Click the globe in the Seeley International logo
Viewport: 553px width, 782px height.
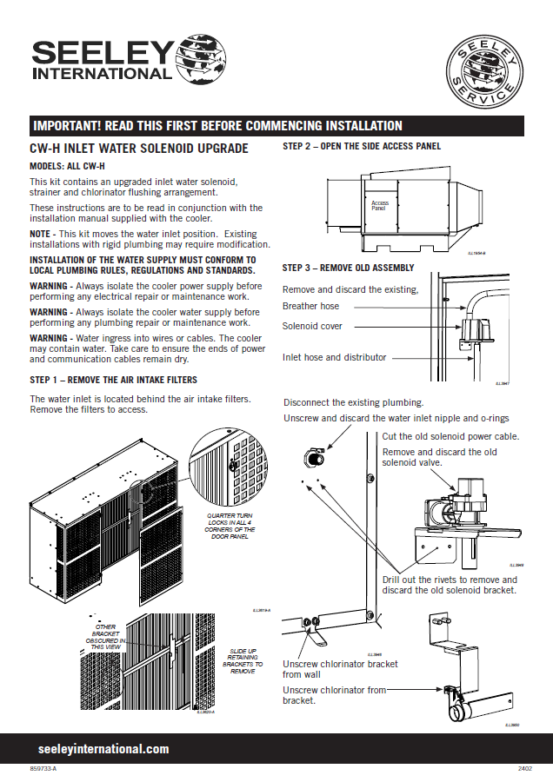pyautogui.click(x=200, y=61)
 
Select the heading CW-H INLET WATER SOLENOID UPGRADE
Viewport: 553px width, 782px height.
pyautogui.click(x=139, y=149)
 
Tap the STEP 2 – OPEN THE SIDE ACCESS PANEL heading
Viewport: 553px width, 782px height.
pyautogui.click(x=362, y=146)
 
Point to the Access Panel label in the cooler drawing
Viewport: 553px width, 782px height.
pyautogui.click(x=379, y=206)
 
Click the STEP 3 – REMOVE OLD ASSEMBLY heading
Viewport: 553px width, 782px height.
pyautogui.click(x=349, y=268)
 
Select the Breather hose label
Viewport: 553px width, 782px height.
pyautogui.click(x=311, y=306)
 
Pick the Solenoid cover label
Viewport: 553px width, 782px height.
pyautogui.click(x=313, y=327)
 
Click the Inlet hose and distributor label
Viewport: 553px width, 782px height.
pyautogui.click(x=335, y=357)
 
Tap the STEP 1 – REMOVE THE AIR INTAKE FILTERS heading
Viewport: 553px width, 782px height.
pyautogui.click(x=113, y=380)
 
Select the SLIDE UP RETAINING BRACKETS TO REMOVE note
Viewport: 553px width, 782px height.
pyautogui.click(x=243, y=660)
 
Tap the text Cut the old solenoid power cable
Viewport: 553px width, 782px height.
pyautogui.click(x=451, y=435)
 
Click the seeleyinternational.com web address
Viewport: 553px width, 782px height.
pyautogui.click(x=103, y=749)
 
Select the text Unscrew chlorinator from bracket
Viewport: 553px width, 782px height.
pyautogui.click(x=335, y=695)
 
